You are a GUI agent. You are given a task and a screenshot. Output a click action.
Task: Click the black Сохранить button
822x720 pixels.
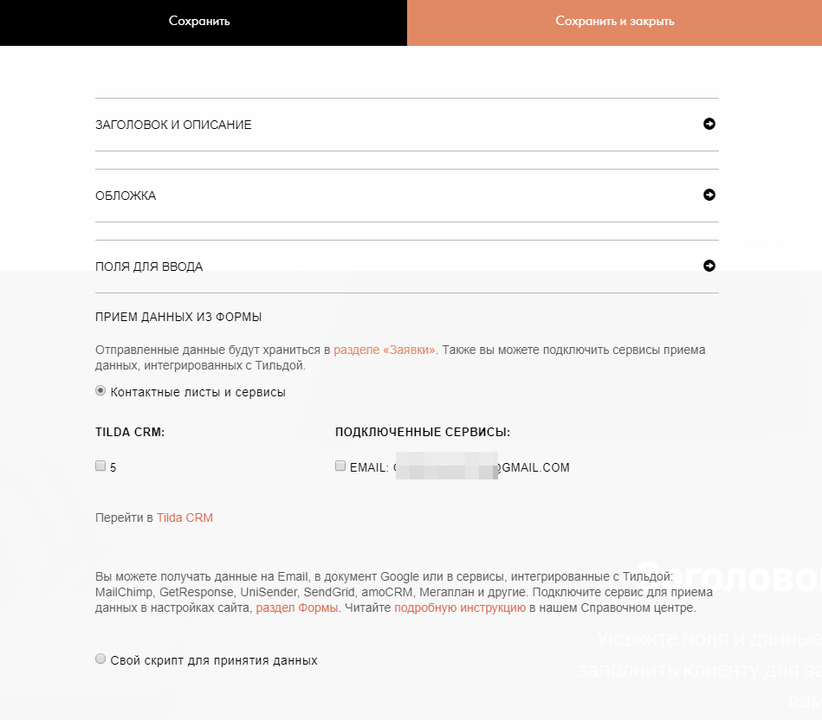pos(199,22)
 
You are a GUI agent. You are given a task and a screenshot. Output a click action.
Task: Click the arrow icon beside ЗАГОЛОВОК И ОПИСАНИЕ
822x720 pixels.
pos(709,124)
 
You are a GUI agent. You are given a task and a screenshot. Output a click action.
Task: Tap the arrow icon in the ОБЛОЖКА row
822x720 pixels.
pos(709,195)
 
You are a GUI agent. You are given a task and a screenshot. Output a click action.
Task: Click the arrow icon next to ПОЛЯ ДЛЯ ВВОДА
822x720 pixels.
pos(709,266)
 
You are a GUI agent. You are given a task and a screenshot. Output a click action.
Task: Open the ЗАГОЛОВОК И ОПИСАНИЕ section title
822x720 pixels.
pos(173,125)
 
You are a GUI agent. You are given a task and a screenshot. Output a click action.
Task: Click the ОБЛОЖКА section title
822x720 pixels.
pos(126,196)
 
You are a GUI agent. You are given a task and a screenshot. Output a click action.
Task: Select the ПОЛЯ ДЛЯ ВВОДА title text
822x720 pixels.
pos(149,267)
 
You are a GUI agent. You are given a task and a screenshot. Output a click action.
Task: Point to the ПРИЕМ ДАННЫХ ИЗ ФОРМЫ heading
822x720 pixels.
pos(178,318)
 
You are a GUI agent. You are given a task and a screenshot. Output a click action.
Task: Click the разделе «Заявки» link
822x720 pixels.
pos(385,350)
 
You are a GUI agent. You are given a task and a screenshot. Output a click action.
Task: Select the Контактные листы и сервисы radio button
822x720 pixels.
pos(100,391)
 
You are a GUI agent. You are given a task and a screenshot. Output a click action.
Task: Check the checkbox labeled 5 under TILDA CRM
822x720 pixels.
pos(100,466)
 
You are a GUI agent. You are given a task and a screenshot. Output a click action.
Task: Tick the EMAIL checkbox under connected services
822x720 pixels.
pos(340,466)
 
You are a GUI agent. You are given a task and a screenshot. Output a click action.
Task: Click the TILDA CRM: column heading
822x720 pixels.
pos(130,432)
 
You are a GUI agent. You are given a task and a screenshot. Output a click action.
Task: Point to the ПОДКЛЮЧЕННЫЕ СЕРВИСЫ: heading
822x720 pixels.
pos(423,432)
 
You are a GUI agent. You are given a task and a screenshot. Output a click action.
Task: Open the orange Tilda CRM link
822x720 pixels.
pos(184,518)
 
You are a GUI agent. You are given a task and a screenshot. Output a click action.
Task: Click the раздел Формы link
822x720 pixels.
pos(296,608)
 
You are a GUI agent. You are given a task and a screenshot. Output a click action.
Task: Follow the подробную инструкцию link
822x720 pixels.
pos(460,608)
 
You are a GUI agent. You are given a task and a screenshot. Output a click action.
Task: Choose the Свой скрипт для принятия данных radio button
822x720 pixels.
pos(100,659)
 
